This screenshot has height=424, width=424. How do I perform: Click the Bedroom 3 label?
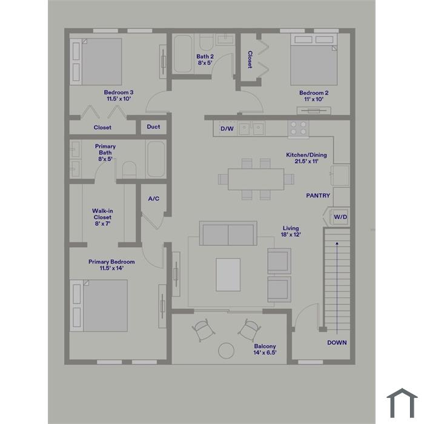(119, 96)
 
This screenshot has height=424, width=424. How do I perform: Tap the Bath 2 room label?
(205, 59)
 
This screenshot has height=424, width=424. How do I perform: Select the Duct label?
(153, 127)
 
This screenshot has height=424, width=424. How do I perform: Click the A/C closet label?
(154, 199)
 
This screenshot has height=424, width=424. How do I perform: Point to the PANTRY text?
(318, 196)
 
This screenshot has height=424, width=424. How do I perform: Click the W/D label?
(340, 217)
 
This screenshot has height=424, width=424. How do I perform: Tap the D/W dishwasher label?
(227, 128)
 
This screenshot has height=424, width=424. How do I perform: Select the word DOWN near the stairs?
(337, 343)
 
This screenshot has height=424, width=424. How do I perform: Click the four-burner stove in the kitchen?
(298, 128)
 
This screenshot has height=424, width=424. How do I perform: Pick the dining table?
(256, 179)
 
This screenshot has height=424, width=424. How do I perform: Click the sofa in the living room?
(228, 233)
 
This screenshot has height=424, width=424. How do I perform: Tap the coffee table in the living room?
(228, 274)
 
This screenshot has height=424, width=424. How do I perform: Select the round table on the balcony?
(226, 351)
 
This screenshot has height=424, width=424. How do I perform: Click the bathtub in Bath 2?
(183, 54)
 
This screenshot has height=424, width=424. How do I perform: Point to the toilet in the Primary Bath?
(129, 170)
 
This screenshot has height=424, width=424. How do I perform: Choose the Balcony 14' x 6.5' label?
(265, 349)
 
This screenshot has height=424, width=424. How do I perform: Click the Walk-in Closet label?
(102, 217)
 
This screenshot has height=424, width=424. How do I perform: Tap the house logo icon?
(402, 403)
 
